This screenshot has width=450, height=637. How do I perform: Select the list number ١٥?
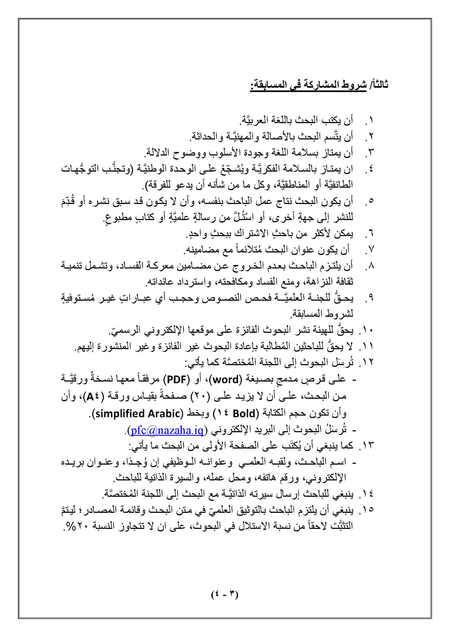point(366,510)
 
